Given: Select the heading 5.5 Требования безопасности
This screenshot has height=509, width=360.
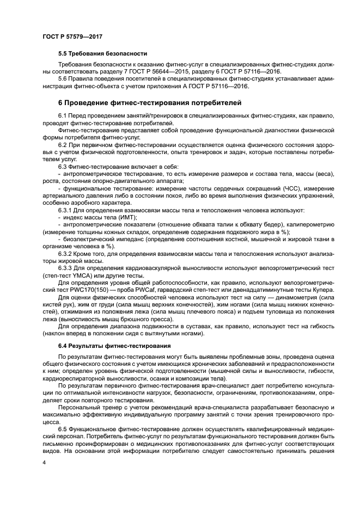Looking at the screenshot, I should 103,54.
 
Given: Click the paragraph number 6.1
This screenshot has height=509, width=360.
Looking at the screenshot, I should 64,116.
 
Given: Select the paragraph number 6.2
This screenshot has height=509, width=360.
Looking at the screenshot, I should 64,145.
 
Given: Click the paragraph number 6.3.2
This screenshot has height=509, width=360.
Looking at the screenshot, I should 66,253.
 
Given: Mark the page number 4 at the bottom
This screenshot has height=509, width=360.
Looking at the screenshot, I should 43,462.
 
